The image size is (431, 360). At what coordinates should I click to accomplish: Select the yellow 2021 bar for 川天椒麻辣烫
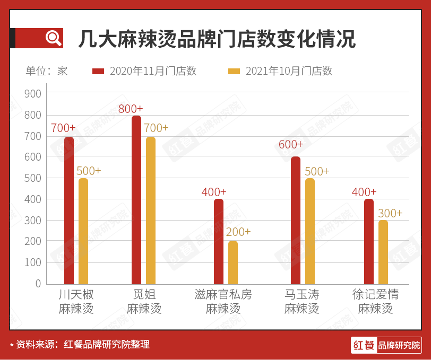click(x=83, y=231)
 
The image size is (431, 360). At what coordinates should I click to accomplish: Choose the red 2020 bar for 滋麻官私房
click(x=219, y=242)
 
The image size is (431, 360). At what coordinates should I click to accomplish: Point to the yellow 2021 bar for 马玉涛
click(x=310, y=231)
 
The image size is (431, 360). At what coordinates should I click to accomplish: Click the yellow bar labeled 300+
click(x=383, y=252)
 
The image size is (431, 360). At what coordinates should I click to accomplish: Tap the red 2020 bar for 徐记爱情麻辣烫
click(x=369, y=242)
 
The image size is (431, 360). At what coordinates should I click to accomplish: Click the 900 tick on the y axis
click(x=33, y=94)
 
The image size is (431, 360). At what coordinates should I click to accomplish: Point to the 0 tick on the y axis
click(x=38, y=284)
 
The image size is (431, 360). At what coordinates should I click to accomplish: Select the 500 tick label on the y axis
click(x=33, y=178)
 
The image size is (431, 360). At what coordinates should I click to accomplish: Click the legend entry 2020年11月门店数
click(x=144, y=71)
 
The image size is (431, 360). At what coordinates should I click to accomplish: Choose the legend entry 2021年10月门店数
click(x=280, y=71)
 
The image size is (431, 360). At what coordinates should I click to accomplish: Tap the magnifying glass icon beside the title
click(x=53, y=38)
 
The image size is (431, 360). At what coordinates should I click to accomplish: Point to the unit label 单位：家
click(x=47, y=71)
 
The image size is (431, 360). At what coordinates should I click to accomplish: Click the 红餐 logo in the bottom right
click(x=386, y=345)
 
